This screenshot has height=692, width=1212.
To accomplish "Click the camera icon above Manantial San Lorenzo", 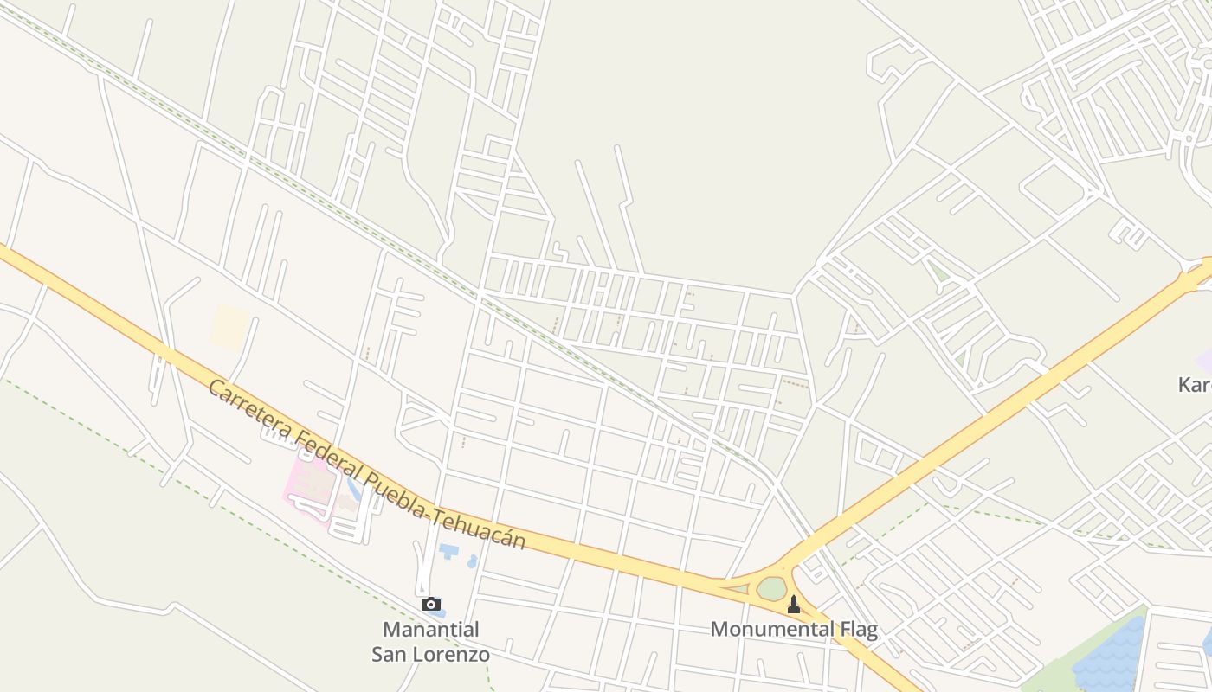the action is [431, 604].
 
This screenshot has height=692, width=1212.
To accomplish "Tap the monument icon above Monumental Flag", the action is [793, 605].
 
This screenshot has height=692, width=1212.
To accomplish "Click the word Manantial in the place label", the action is [430, 629].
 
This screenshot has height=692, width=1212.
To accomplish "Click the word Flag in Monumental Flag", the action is [857, 630].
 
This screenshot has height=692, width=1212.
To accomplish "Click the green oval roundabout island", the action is [770, 589].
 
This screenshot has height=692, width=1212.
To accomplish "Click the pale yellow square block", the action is [229, 327].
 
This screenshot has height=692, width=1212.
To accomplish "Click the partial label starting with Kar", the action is [1195, 385].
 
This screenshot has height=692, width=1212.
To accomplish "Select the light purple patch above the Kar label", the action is [1204, 359].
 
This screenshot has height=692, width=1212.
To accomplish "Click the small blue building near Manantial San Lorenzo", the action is [448, 550].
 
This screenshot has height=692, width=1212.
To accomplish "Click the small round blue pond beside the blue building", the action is [472, 561].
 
